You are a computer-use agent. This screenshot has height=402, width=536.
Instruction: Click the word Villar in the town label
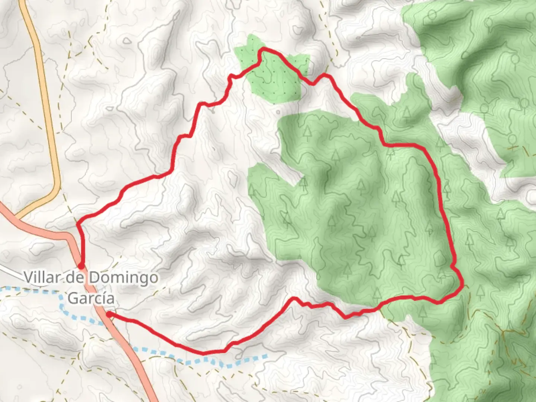coord(40,277)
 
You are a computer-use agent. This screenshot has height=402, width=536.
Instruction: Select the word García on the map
coord(91,298)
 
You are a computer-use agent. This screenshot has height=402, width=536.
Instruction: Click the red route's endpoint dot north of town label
coord(81,266)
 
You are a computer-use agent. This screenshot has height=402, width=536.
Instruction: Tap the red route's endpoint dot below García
coord(109,315)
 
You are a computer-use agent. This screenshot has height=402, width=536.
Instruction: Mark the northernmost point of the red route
coord(264,49)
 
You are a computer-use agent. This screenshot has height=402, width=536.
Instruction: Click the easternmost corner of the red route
coord(462,286)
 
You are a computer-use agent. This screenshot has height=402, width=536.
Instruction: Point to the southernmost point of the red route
coord(204,352)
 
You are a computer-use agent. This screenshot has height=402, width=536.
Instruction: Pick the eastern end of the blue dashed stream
coord(266,357)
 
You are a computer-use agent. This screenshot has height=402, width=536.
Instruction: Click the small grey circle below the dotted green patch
coord(278,111)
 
